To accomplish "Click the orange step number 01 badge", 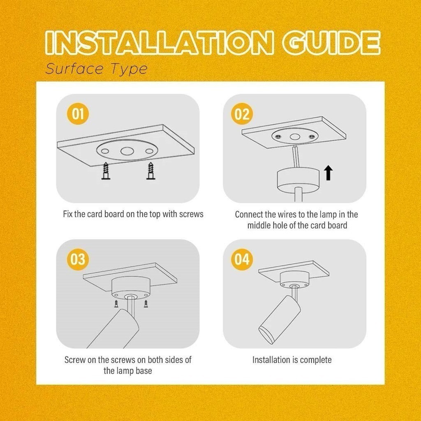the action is coord(78,114).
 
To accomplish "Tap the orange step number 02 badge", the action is coord(242,114).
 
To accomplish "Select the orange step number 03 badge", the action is coord(78,259).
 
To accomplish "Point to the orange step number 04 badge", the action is coord(242,259).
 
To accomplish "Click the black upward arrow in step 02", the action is coord(328,173).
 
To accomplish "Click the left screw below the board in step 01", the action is coord(106,171).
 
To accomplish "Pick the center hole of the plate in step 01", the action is coord(127,151).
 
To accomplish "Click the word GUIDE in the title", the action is coord(332,43).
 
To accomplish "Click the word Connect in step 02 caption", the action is coord(249,215).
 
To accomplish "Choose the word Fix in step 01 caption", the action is coord(68,214).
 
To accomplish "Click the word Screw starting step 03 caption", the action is coord(75,360).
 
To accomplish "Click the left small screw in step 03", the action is coord(116,304).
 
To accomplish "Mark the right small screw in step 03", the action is coord(146,304).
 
